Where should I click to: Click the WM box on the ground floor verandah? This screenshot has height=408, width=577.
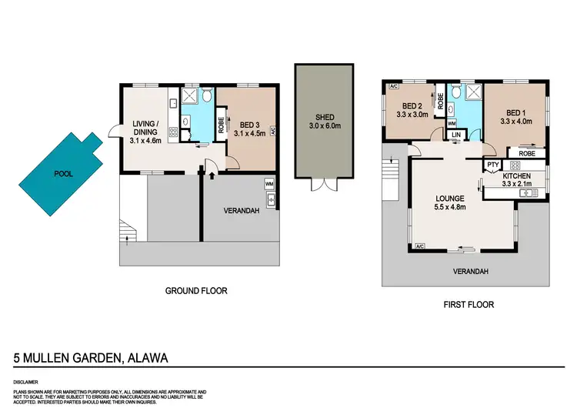pos(268,184)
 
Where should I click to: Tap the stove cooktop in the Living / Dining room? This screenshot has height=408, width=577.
pos(173,132)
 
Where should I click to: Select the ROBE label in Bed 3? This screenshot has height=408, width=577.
pos(222,125)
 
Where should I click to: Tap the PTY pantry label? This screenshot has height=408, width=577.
pos(490,164)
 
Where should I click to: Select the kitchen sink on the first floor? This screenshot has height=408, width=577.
pos(528,192)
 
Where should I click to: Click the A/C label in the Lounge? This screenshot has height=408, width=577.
pos(419,246)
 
